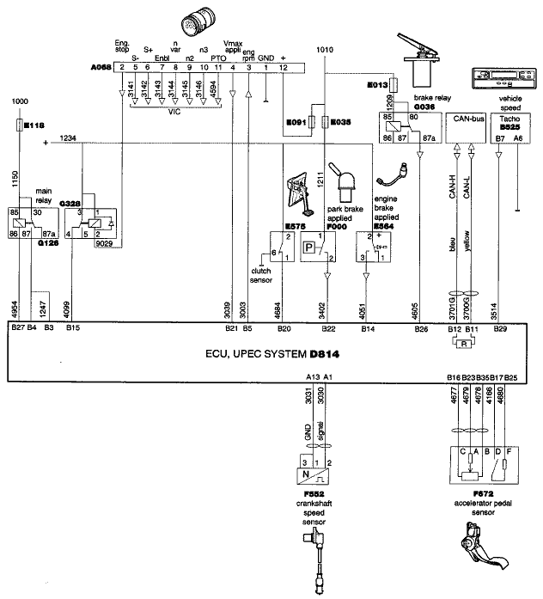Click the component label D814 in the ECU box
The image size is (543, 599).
[x=311, y=354]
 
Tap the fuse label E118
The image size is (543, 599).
[x=34, y=125]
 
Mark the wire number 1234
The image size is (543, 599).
[x=69, y=138]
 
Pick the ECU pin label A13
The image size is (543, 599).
[x=313, y=376]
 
